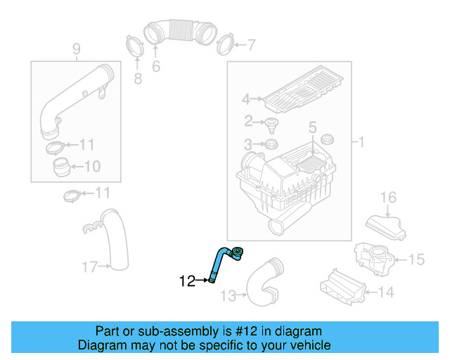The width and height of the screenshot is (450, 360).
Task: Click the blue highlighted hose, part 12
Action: pyautogui.click(x=217, y=264)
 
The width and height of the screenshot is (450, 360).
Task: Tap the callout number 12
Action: pyautogui.click(x=187, y=281)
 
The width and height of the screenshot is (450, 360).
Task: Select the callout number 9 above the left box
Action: pyautogui.click(x=76, y=49)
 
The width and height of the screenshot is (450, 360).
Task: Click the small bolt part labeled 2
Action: pyautogui.click(x=271, y=126)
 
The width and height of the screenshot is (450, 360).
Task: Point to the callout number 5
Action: pyautogui.click(x=312, y=127)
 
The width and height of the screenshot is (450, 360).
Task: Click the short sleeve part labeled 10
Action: pyautogui.click(x=61, y=167)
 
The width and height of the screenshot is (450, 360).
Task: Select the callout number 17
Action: pyautogui.click(x=89, y=266)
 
